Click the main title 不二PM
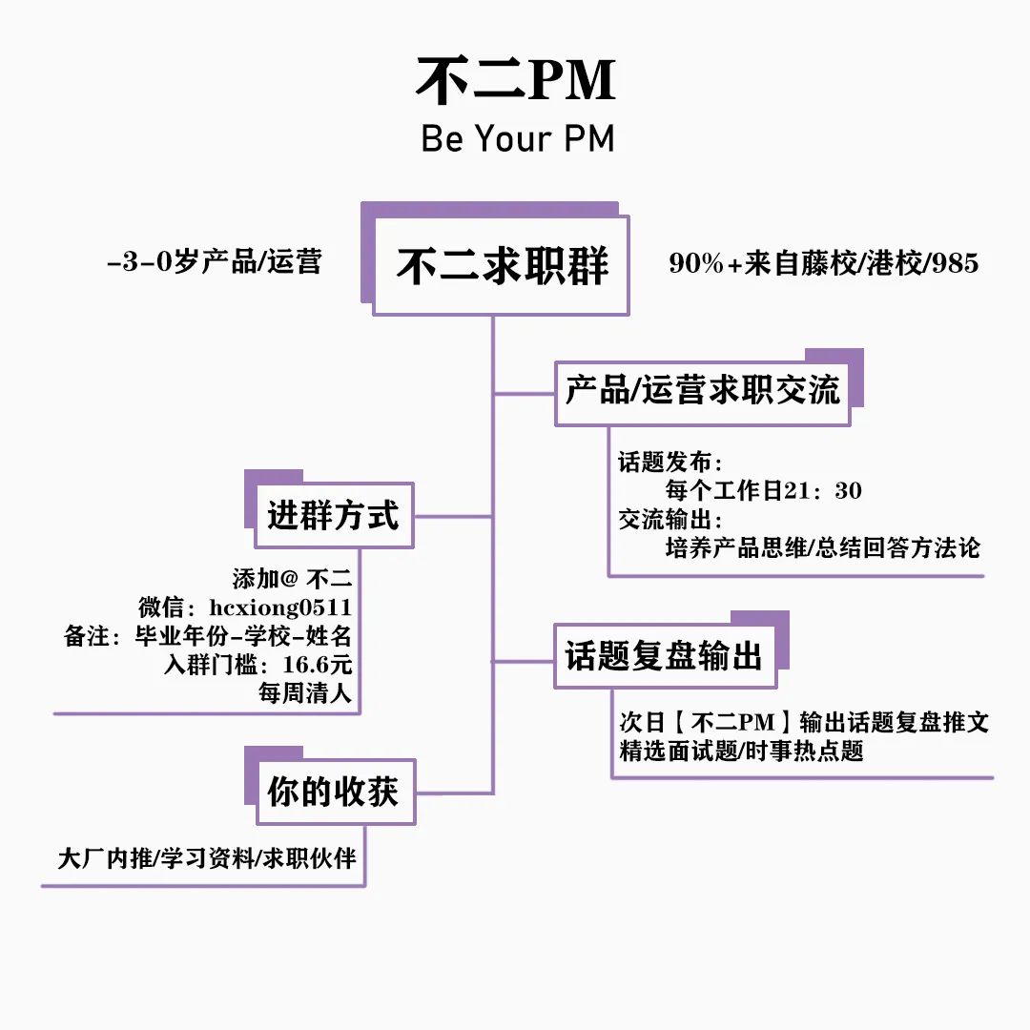(x=515, y=81)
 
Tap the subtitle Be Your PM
(x=518, y=139)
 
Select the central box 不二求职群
(x=502, y=265)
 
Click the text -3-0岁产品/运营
(x=214, y=262)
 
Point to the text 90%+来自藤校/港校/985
(x=824, y=264)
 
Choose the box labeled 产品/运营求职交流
(x=703, y=392)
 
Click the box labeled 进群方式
(x=333, y=516)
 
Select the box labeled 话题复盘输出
(x=664, y=657)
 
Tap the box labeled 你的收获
(x=333, y=793)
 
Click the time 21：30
(x=822, y=491)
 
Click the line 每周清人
(x=305, y=693)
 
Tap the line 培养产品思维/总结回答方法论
(x=822, y=548)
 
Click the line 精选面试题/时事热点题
(x=741, y=751)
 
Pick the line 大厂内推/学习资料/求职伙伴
(x=207, y=858)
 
